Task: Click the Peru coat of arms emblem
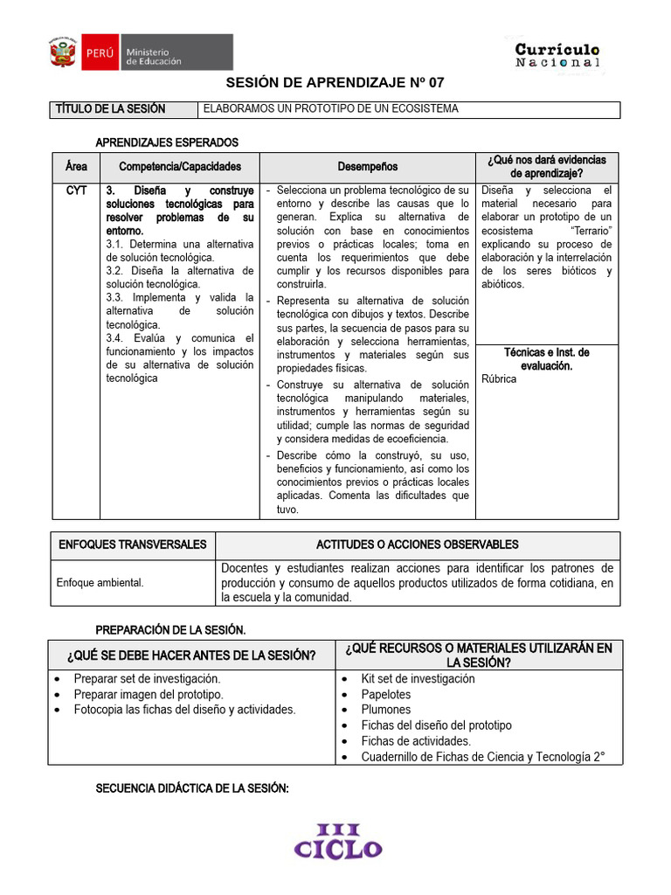coord(62,52)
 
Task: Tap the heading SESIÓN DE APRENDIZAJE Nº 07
coord(335,84)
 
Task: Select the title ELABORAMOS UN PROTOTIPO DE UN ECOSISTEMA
coord(330,109)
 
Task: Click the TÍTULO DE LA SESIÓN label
coord(110,109)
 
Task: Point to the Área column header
coord(76,166)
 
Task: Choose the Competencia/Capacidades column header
coord(179,166)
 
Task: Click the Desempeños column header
coord(367,166)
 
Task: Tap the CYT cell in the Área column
coord(76,190)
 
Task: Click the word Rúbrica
coord(499,379)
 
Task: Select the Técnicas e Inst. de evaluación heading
coord(547,358)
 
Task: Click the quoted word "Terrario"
coord(589,231)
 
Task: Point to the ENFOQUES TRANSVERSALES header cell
coord(133,545)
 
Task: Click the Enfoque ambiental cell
coord(100,582)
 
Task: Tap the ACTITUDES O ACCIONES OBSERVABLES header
coord(417,545)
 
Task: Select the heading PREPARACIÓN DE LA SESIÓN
coord(170,629)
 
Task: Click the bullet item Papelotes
coord(385,694)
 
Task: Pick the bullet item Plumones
coord(385,710)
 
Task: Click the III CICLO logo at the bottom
coord(337,840)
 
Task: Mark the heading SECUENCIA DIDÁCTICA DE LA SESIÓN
coord(191,788)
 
